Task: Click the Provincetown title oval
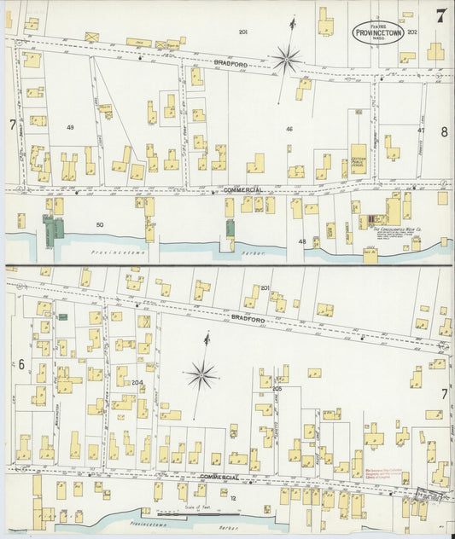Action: (x=378, y=32)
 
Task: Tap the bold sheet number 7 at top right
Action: (x=440, y=15)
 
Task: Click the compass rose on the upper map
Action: (x=287, y=58)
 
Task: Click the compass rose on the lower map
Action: (x=202, y=373)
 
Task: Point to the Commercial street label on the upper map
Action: (x=242, y=188)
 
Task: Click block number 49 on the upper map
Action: (x=70, y=127)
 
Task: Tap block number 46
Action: (x=290, y=130)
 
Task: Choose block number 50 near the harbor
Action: (x=99, y=224)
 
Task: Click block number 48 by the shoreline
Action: (x=301, y=242)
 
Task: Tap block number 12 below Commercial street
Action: (x=231, y=496)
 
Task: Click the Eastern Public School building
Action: (x=359, y=159)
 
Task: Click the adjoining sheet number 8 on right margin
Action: (x=444, y=131)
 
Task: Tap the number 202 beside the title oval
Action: (x=413, y=32)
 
